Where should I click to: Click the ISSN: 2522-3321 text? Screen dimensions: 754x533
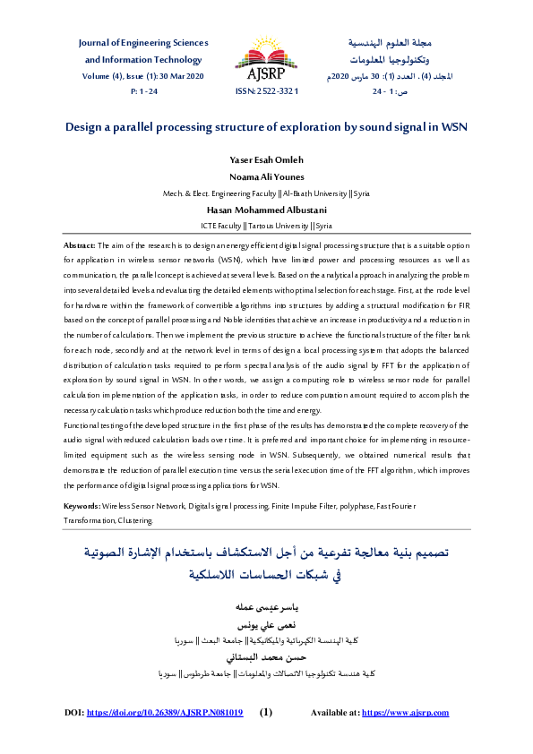coord(266,91)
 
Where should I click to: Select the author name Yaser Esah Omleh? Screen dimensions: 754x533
coord(266,161)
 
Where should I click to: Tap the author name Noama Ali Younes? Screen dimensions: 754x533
coord(266,176)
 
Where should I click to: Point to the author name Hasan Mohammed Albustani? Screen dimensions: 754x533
coord(266,210)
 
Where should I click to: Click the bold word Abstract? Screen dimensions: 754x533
coord(80,244)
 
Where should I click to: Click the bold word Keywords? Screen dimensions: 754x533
coord(82,507)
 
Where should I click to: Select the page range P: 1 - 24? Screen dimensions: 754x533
coord(143,91)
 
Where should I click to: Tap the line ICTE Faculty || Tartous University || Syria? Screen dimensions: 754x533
coord(266,226)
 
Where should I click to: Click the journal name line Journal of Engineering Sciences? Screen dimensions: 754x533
coord(143,43)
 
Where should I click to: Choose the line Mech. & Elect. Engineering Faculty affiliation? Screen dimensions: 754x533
coord(266,193)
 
